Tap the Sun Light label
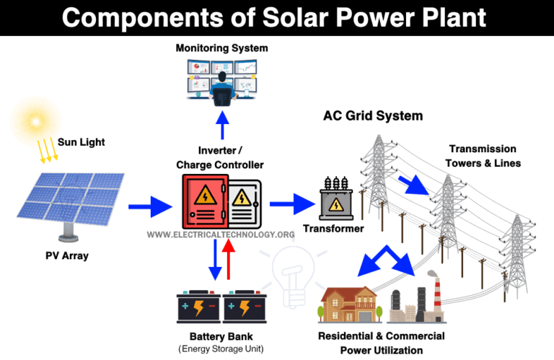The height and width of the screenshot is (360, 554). (82, 142)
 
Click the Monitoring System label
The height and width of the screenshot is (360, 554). (221, 48)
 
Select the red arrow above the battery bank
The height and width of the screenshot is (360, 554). (230, 260)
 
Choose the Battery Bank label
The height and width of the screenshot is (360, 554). (221, 336)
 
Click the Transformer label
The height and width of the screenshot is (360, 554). (333, 229)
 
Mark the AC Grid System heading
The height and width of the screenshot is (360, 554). (372, 115)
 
